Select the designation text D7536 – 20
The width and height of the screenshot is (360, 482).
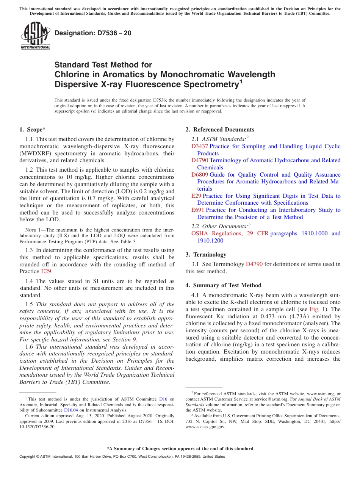(93, 33)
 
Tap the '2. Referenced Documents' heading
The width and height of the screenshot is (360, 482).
(220, 130)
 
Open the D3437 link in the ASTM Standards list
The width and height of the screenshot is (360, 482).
(199, 146)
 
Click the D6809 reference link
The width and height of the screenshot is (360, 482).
(199, 175)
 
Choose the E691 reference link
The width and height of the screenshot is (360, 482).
(197, 210)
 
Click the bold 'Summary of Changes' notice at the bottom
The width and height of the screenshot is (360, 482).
(180, 449)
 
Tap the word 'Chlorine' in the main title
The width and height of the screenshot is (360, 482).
(72, 74)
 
